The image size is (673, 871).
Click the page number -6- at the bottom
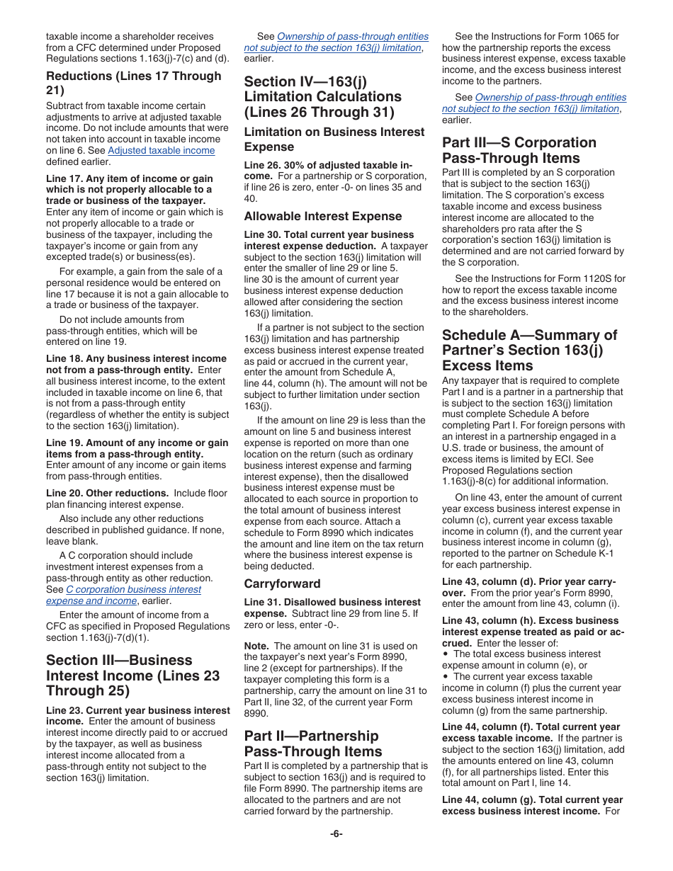pyautogui.click(x=336, y=833)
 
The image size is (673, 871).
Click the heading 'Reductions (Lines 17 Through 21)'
pyautogui.click(x=133, y=83)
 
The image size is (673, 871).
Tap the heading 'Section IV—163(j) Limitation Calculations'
pyautogui.click(x=322, y=96)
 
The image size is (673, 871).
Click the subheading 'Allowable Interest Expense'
pyautogui.click(x=322, y=216)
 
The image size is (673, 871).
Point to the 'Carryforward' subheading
pyautogui.click(x=282, y=583)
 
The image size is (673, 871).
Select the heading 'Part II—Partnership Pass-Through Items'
pyautogui.click(x=312, y=744)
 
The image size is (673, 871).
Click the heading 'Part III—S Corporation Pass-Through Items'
pyautogui.click(x=519, y=150)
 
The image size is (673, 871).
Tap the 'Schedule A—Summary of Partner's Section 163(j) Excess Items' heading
pyautogui.click(x=529, y=350)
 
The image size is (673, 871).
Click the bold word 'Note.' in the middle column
pyautogui.click(x=256, y=646)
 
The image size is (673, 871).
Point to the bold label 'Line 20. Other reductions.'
pyautogui.click(x=107, y=493)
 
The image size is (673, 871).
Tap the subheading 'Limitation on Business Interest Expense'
pyautogui.click(x=334, y=139)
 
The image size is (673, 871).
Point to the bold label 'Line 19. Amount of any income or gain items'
pyautogui.click(x=137, y=448)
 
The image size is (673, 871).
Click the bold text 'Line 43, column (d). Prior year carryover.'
pyautogui.click(x=528, y=586)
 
